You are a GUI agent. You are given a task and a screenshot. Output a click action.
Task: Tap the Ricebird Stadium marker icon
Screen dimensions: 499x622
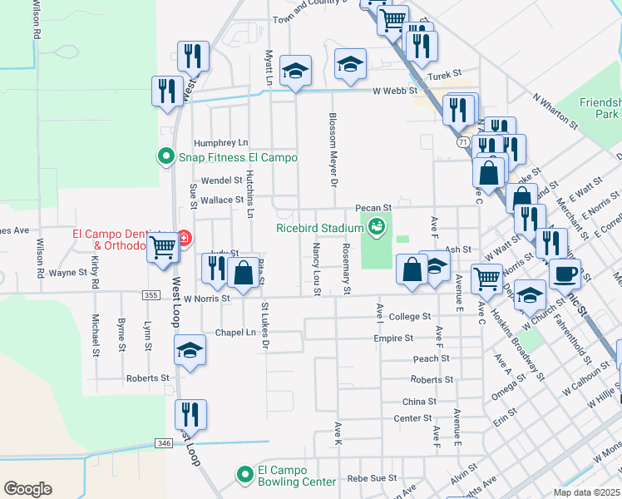click(377, 226)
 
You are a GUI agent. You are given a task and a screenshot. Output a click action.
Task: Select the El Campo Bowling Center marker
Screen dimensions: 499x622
click(244, 474)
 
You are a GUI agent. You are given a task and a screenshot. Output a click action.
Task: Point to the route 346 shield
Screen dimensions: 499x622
click(164, 443)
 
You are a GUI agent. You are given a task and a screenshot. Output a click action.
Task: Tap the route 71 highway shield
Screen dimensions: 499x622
click(462, 142)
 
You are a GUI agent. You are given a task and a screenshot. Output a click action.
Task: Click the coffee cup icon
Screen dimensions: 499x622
click(565, 273)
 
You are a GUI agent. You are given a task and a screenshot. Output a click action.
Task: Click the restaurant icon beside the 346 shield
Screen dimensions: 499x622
click(190, 413)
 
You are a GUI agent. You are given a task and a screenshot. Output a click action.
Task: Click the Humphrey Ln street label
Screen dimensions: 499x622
click(220, 143)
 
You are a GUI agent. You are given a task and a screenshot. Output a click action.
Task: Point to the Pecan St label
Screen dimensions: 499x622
click(373, 208)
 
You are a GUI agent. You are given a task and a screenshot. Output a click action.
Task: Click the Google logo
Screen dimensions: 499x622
click(27, 489)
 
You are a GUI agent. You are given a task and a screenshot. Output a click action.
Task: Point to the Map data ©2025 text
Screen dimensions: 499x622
click(585, 492)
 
